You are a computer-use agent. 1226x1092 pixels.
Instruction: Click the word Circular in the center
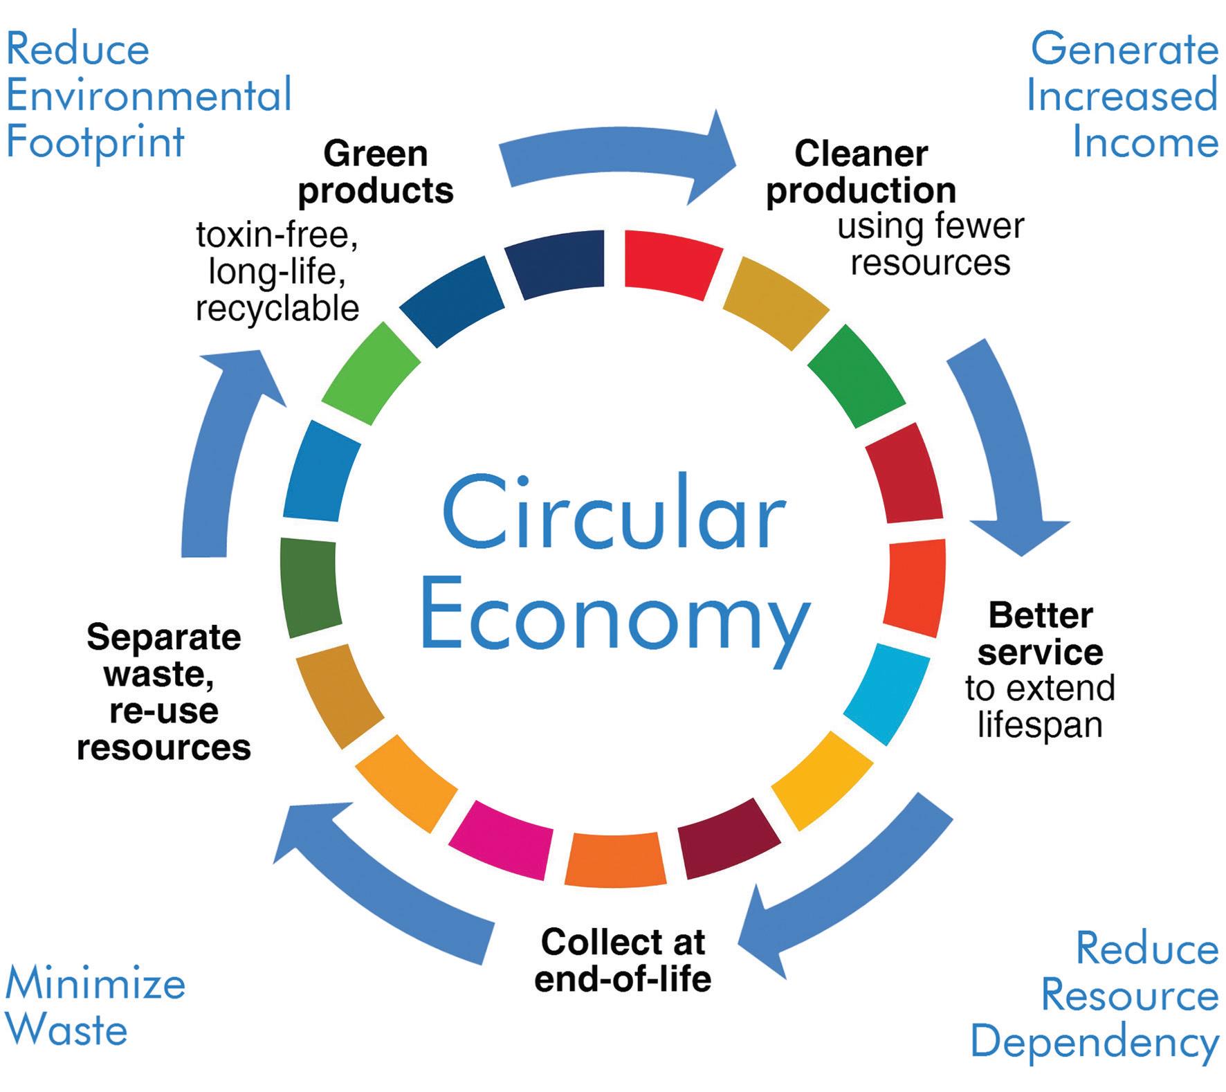click(x=613, y=514)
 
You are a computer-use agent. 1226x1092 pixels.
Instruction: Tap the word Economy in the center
click(x=614, y=618)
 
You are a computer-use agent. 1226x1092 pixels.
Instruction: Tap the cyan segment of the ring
click(x=886, y=693)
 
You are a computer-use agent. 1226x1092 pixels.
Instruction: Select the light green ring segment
click(x=371, y=372)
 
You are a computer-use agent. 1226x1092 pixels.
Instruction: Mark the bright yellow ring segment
click(x=823, y=780)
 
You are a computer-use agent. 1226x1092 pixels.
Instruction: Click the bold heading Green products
click(x=376, y=172)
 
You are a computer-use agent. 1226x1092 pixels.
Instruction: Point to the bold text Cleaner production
click(x=861, y=172)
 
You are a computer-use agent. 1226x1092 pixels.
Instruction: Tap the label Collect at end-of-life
click(x=623, y=961)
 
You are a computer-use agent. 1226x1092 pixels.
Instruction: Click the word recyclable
click(x=277, y=309)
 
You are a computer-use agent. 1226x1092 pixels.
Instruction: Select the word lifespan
click(x=1040, y=725)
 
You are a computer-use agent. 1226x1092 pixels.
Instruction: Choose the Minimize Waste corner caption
click(x=95, y=1006)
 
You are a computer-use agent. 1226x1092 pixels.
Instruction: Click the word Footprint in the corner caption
click(x=95, y=142)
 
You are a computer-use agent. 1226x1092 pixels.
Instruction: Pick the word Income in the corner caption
click(x=1145, y=142)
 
